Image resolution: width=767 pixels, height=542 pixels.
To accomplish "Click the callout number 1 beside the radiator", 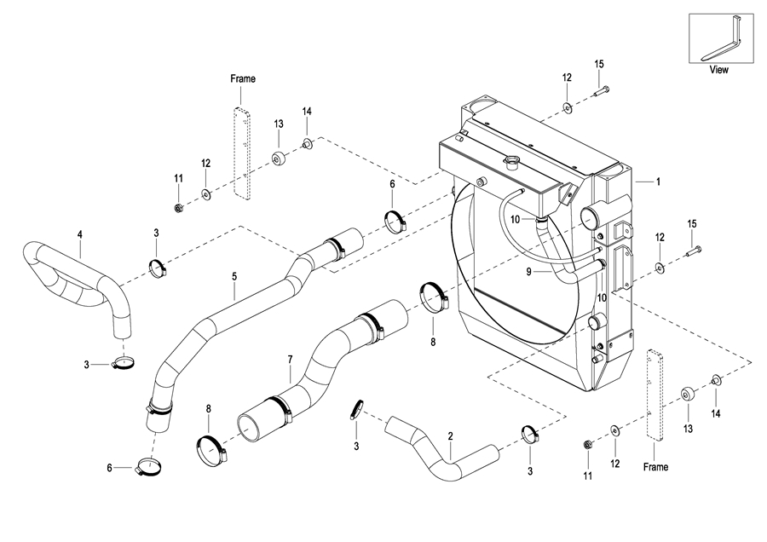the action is [x=659, y=182].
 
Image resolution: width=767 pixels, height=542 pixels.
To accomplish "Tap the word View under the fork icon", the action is [x=718, y=70].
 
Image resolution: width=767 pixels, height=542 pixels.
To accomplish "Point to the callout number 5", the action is [x=234, y=277].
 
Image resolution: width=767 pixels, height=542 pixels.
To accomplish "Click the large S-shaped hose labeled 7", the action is [x=323, y=372].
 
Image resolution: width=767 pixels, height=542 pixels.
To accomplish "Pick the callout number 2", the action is [x=451, y=435].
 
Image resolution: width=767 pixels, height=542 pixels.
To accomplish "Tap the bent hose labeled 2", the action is [x=441, y=450].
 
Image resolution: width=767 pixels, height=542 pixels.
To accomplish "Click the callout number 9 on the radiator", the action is [x=528, y=272].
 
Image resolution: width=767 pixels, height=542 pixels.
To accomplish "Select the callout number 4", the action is [x=80, y=235].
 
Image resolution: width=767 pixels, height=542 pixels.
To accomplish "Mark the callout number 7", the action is [x=290, y=360].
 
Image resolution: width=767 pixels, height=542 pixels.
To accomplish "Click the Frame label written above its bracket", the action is [x=243, y=78].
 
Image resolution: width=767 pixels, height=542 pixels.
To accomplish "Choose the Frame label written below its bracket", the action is [x=655, y=467].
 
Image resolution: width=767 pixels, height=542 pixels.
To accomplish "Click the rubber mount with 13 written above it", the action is [x=280, y=159].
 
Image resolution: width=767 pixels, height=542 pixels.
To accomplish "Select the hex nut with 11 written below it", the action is [x=587, y=445].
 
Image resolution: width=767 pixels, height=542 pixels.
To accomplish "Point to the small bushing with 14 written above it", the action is [x=308, y=144].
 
